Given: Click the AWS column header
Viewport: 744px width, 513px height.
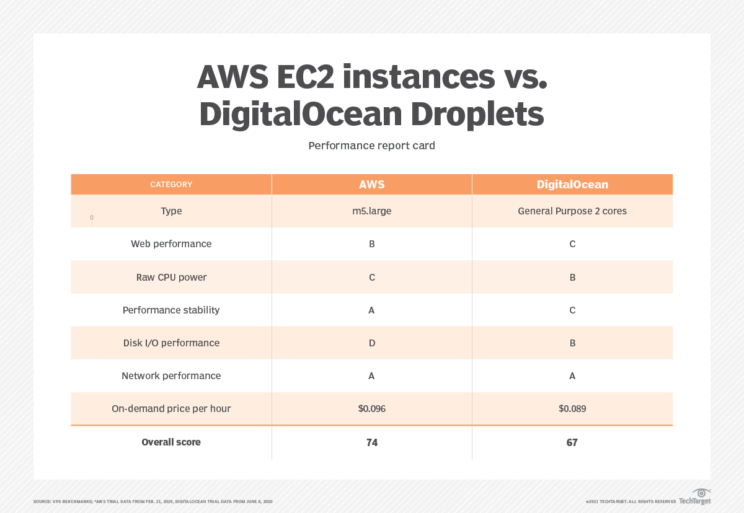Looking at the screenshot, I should point(371,185).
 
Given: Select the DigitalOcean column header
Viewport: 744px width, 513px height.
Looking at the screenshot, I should point(572,185).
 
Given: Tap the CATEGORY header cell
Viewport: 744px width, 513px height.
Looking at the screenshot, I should point(171,185).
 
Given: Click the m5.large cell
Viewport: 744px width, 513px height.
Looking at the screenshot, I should point(371,211).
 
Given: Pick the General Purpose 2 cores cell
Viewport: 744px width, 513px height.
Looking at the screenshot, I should point(572,211).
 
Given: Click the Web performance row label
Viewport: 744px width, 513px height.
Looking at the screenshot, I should point(171,244).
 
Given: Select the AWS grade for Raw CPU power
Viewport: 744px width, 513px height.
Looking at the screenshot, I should point(372,278).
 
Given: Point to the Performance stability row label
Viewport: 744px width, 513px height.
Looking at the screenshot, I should point(171,310).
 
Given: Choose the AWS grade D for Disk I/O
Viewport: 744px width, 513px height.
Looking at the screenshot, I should point(372,343).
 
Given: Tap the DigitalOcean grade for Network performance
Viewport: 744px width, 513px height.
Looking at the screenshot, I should point(572,376).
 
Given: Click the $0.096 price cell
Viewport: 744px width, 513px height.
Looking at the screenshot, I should point(371,409).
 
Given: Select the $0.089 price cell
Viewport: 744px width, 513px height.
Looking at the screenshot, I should point(572,409).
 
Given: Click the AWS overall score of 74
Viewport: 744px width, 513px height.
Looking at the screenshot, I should point(372,442).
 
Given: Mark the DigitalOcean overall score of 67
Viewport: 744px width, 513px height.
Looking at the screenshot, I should point(572,442).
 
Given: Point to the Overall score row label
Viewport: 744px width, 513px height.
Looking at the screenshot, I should point(171,442).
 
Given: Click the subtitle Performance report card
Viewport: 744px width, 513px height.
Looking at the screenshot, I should point(371,146).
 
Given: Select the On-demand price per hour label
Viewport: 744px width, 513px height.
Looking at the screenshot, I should point(171,409).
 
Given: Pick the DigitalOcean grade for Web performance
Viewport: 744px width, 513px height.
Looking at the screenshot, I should point(572,244).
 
